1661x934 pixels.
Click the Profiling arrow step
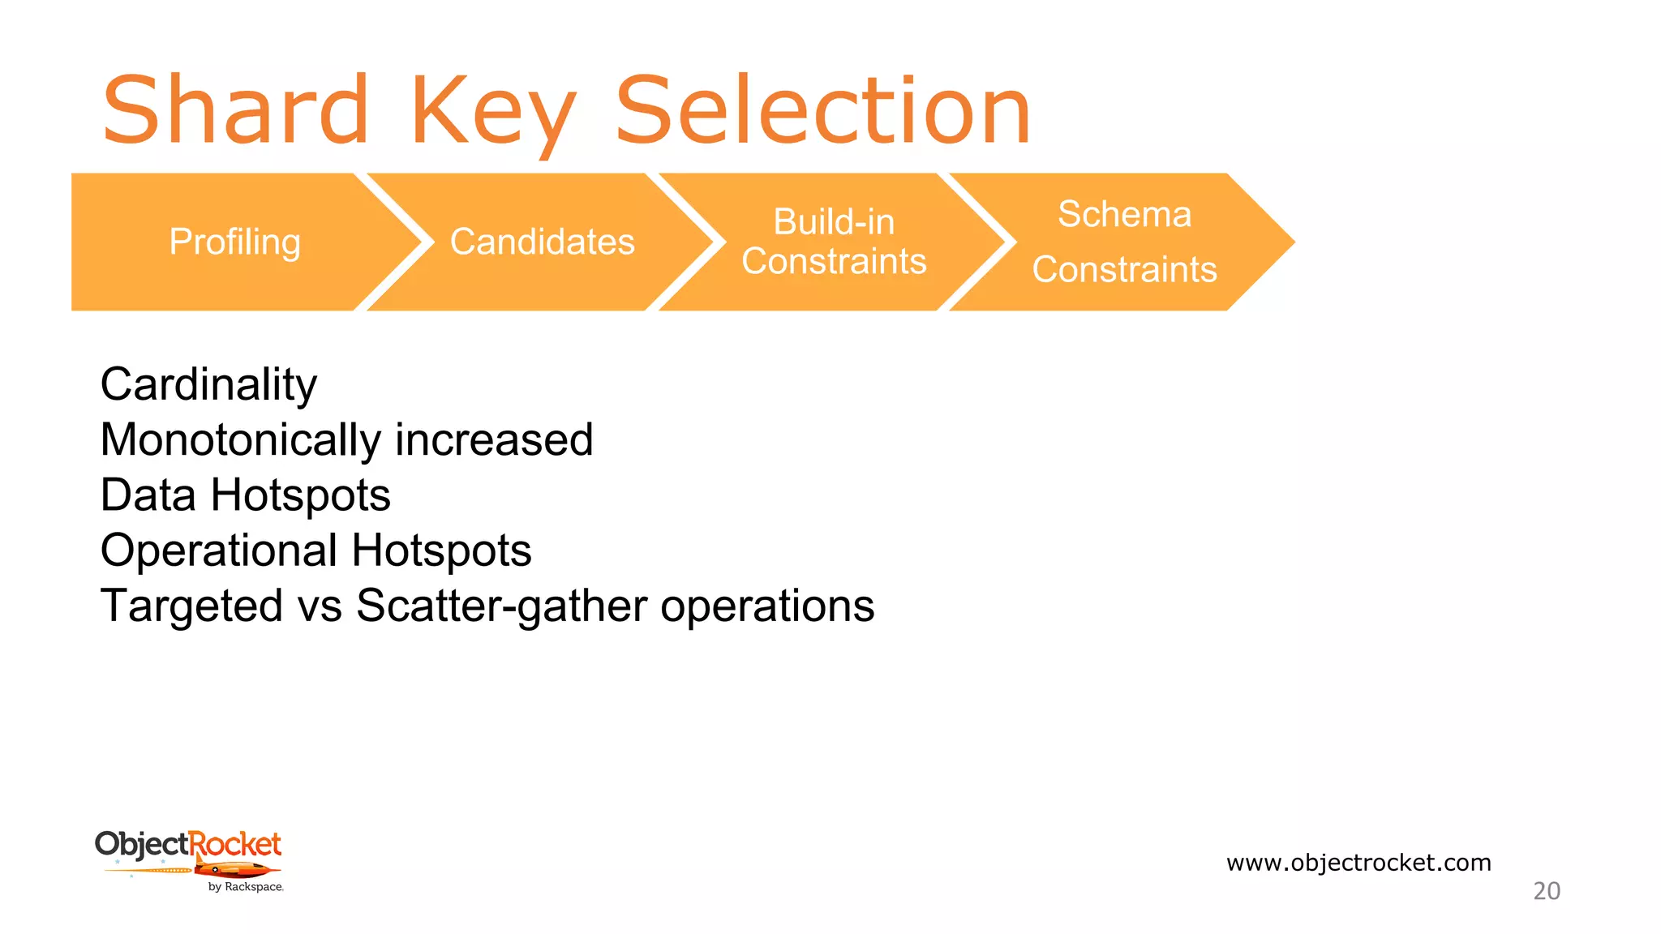(234, 242)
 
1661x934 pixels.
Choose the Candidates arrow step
(542, 242)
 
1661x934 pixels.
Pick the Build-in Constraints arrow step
(834, 242)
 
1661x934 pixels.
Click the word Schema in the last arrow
(1124, 215)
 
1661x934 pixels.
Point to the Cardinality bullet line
(208, 384)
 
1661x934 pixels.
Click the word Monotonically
(240, 440)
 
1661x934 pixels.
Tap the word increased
(494, 440)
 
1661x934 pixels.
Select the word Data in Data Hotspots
(148, 495)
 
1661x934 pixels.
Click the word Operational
(218, 551)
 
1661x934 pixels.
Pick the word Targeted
(191, 606)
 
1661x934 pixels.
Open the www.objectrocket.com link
(1358, 863)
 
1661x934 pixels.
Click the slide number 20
(1547, 891)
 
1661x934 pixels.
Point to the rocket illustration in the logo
(235, 871)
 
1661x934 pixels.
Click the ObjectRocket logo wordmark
(188, 845)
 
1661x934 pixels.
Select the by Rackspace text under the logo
(246, 887)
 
